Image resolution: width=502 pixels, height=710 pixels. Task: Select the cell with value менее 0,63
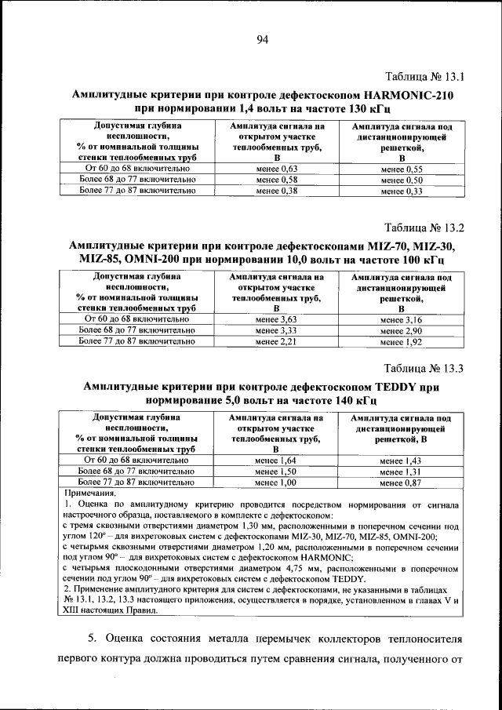(x=277, y=169)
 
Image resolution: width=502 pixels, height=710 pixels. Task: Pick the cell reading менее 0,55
(x=402, y=169)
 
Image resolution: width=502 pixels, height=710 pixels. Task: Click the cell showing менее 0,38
(x=277, y=191)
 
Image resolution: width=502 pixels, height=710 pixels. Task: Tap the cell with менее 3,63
(x=277, y=320)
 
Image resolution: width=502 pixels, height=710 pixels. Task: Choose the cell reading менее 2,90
(x=402, y=331)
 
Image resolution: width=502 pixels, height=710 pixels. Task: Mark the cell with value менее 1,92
(x=402, y=343)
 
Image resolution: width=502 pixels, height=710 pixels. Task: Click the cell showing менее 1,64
(x=277, y=460)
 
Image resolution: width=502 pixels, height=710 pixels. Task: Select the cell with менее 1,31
(x=402, y=472)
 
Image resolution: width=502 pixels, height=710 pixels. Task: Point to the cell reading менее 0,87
(x=402, y=482)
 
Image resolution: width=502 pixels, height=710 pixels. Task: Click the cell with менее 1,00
(x=277, y=482)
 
